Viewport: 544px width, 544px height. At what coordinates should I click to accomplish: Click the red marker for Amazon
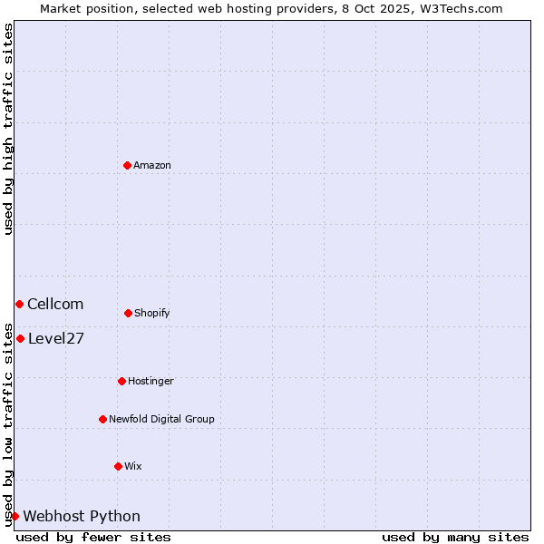coord(127,165)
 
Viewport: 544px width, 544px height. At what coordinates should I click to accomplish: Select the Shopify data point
coord(128,313)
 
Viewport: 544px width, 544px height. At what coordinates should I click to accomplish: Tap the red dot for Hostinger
coord(121,381)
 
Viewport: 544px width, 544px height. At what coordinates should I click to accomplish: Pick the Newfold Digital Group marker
coord(102,419)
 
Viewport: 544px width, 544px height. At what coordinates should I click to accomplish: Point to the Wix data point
coord(118,466)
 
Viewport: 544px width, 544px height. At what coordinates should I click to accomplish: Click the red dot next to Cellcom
coord(19,304)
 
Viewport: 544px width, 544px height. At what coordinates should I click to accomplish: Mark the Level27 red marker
coord(20,338)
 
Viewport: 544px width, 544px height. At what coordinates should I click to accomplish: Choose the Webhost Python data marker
coord(15,516)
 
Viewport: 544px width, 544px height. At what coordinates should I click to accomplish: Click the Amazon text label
coord(152,165)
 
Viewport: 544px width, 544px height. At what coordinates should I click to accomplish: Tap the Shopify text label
coord(152,313)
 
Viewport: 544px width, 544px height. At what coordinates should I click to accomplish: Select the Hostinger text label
coord(151,381)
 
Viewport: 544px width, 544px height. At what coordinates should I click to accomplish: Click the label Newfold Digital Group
coord(161,419)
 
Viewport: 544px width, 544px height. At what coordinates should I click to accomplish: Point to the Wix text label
coord(133,466)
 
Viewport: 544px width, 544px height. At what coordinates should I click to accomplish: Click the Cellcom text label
coord(55,304)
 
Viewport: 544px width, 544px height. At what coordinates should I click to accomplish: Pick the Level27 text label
coord(56,338)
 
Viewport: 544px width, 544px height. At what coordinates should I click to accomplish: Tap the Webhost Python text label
coord(82,516)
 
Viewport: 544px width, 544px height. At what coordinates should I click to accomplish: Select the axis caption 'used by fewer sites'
coord(93,537)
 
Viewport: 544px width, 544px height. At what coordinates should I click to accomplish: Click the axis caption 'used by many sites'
coord(455,537)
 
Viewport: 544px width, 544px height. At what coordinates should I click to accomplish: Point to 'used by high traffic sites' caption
coord(8,129)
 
